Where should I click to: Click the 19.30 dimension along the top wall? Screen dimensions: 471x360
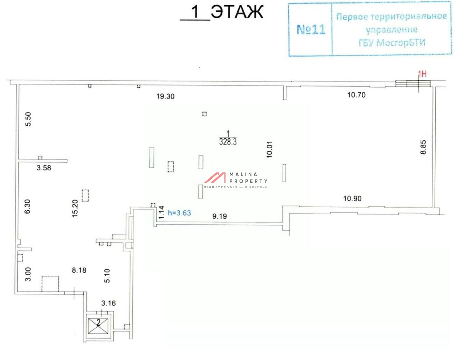coord(165,96)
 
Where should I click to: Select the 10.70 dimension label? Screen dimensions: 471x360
coord(356,95)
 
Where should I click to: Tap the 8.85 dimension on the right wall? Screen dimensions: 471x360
coord(423,147)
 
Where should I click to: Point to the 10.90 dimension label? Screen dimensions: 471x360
coord(352,198)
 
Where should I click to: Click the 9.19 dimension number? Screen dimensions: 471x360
coord(220,216)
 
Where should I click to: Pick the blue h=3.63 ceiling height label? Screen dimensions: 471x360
coord(179,213)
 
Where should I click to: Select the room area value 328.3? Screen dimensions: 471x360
coord(228,142)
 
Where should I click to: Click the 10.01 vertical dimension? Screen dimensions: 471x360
coord(269,149)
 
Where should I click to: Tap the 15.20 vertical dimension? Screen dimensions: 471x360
coord(75,208)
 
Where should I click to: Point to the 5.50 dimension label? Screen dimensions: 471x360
coord(28,119)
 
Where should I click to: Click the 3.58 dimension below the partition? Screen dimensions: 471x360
coord(44,168)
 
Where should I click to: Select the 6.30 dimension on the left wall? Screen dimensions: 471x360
coord(27,206)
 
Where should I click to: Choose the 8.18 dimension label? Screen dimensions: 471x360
coord(79,270)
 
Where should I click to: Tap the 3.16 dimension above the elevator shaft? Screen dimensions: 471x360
coord(109,303)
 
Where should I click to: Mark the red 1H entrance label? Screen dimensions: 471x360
coord(422,74)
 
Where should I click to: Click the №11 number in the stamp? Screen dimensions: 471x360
coord(311,30)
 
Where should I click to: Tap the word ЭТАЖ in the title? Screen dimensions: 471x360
coord(237,12)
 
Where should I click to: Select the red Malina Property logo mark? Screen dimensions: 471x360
coord(215,178)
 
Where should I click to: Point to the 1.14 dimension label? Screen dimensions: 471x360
coord(161,212)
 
